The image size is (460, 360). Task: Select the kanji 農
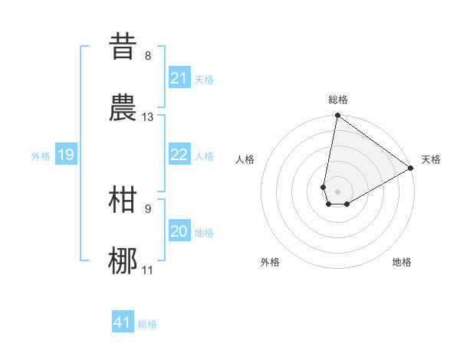click(x=123, y=108)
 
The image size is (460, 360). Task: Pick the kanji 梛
click(x=123, y=261)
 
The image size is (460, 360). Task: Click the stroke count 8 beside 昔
click(x=148, y=56)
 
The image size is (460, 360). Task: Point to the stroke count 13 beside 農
click(x=148, y=117)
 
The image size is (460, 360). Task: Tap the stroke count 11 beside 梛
click(x=148, y=270)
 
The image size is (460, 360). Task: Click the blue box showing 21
click(x=179, y=78)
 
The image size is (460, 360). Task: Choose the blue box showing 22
click(x=179, y=155)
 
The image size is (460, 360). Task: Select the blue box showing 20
click(x=179, y=231)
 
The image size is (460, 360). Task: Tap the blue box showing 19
click(x=65, y=155)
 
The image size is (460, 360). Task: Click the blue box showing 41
click(x=123, y=322)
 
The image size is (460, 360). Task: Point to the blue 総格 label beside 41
click(x=147, y=324)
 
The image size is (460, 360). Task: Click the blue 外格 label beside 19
click(x=41, y=156)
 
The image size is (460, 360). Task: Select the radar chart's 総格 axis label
click(x=338, y=100)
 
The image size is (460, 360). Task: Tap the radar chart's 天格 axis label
click(x=431, y=159)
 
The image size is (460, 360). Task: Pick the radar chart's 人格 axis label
click(x=245, y=159)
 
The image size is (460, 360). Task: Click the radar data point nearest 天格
click(x=411, y=169)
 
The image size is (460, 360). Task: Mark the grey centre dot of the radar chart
click(x=338, y=191)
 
